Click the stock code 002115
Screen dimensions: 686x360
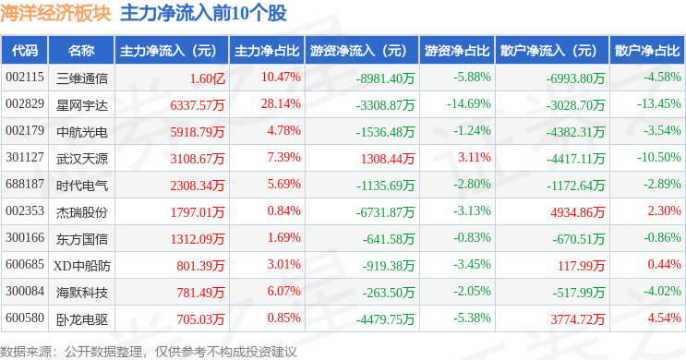[x=25, y=77]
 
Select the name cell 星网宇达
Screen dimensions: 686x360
[x=82, y=105]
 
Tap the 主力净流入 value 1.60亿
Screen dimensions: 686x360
[x=208, y=78]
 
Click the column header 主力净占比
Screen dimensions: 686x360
[x=267, y=51]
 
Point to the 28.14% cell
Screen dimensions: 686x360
[x=281, y=103]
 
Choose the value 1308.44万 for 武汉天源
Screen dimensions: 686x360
[x=388, y=159]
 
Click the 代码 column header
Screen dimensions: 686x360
[x=25, y=51]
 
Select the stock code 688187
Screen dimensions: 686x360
[x=25, y=184]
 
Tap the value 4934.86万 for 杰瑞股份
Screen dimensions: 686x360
[x=578, y=212]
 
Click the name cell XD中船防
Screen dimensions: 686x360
[x=82, y=266]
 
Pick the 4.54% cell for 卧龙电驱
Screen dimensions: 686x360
[x=664, y=318]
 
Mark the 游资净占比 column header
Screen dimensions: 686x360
[x=457, y=51]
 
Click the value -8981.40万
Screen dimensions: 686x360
[x=385, y=78]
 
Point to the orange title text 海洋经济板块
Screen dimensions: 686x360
[x=55, y=13]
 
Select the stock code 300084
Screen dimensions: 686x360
[x=25, y=291]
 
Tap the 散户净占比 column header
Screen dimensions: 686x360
[x=647, y=51]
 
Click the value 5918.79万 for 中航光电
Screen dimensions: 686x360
[x=198, y=132]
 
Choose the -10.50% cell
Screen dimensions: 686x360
[x=659, y=157]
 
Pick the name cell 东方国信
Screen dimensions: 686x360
[x=82, y=239]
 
